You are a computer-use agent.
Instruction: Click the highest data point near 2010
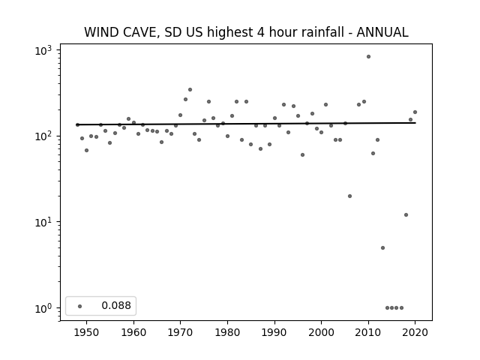click(368, 57)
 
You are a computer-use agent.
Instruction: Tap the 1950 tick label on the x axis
click(87, 332)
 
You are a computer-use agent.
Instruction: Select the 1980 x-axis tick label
click(227, 332)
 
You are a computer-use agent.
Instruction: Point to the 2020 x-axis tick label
click(415, 332)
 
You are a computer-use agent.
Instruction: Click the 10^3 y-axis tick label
click(43, 50)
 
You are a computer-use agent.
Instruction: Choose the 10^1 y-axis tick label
click(43, 222)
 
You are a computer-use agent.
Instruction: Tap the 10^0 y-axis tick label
click(43, 308)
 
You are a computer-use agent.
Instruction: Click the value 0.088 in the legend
click(116, 305)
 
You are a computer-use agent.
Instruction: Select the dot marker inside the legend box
click(80, 306)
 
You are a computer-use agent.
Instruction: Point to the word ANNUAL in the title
click(382, 32)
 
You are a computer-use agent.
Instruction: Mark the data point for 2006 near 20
click(350, 196)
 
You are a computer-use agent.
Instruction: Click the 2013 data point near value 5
click(382, 248)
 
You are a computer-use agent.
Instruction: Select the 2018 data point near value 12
click(406, 215)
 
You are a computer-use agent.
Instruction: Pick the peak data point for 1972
click(190, 90)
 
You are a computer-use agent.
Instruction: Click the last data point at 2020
click(415, 112)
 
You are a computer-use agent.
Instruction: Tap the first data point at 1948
click(77, 124)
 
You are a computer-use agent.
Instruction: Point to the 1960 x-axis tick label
click(133, 332)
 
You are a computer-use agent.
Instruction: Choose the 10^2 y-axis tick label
click(43, 136)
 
